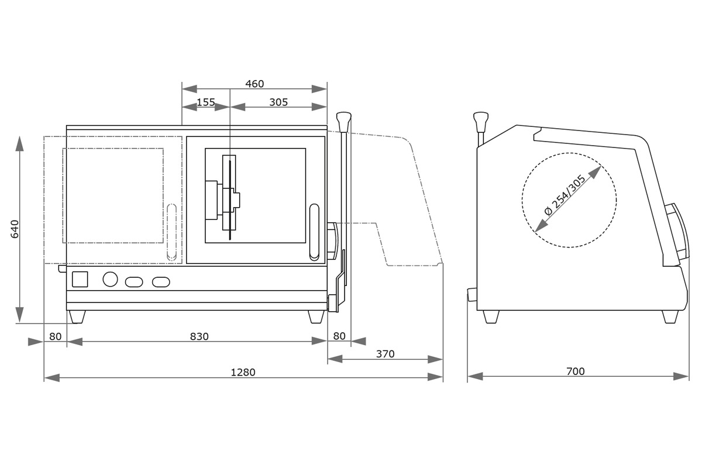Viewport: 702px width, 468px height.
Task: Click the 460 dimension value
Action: [254, 84]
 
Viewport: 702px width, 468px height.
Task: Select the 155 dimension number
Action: [205, 102]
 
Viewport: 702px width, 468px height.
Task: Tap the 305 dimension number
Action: [278, 102]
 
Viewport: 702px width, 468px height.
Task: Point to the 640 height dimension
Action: [15, 229]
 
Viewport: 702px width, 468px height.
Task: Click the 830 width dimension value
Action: [199, 336]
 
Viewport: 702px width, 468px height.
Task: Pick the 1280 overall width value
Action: [243, 372]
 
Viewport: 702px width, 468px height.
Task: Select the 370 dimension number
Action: [385, 354]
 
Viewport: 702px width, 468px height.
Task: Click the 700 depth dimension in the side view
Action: [576, 371]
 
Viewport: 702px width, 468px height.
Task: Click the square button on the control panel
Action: [80, 279]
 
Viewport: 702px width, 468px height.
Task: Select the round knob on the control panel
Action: [110, 279]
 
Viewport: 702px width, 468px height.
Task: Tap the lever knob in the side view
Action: [481, 121]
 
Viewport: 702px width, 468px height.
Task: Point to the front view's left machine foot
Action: [77, 316]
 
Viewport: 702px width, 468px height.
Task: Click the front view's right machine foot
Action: [316, 316]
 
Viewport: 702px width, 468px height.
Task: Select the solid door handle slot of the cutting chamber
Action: [314, 232]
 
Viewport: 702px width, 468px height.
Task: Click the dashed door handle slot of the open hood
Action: [171, 232]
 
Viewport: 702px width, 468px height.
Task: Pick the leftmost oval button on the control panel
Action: [134, 282]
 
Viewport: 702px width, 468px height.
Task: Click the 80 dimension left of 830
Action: [55, 336]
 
